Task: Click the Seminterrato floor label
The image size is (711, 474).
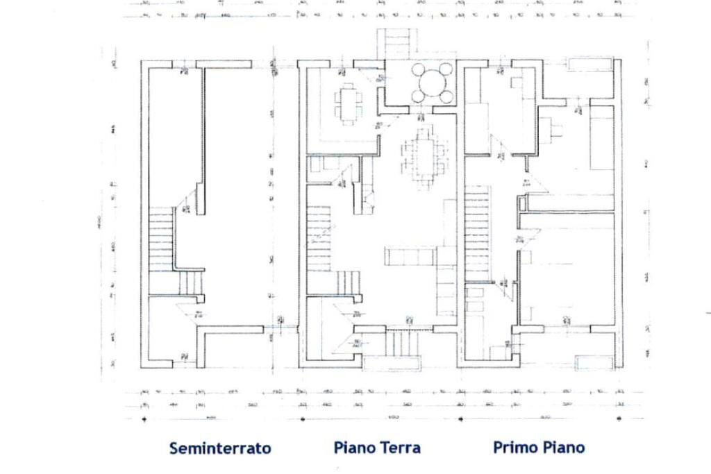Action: coord(220,448)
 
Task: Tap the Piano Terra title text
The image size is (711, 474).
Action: coord(377,448)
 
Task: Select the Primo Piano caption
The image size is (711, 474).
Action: coord(539,448)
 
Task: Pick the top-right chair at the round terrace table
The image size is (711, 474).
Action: coord(446,69)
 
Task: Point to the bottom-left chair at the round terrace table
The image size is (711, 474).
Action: coord(417,96)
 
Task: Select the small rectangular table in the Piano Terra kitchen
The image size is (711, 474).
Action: coord(346,104)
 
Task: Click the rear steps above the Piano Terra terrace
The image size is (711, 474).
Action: coord(396,44)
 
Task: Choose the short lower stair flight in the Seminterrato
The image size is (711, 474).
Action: coord(190,282)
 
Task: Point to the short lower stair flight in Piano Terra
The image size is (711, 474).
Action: coord(349,282)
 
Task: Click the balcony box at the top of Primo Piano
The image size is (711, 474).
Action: coord(589,65)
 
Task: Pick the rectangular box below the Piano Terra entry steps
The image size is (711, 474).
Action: coord(392,363)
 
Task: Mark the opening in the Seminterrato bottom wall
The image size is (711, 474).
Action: coord(185,364)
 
